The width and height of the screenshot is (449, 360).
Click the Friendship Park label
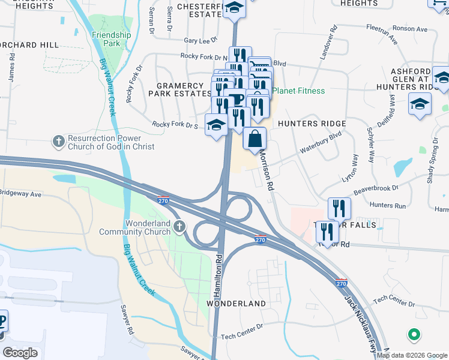(x=111, y=39)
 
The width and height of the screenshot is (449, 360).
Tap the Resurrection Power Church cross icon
(x=58, y=142)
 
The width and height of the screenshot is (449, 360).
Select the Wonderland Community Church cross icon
(x=181, y=227)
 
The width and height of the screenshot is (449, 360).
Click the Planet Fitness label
(x=299, y=91)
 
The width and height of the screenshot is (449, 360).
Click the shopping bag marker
(x=255, y=139)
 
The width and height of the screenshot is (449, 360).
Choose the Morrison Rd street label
(x=266, y=170)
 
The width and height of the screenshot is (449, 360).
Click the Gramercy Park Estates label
(x=180, y=89)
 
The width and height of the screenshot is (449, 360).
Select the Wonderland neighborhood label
(x=236, y=304)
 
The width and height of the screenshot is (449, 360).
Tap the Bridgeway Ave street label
(x=20, y=194)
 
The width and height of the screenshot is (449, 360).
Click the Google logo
(x=20, y=352)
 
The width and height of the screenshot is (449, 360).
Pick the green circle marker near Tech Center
(x=413, y=334)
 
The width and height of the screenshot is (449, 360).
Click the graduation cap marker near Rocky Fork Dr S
(x=216, y=124)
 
